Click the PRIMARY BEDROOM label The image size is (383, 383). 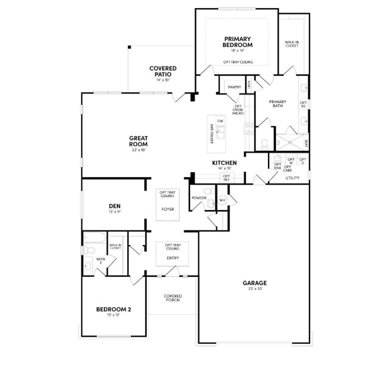237,42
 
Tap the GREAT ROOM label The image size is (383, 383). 138,141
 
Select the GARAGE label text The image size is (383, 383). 255,283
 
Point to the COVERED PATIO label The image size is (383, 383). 163,71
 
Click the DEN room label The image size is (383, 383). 115,206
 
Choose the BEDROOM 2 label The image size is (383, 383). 114,309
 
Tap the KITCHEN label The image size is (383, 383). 224,163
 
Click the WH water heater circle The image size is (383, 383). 222,200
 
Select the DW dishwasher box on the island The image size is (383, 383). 220,121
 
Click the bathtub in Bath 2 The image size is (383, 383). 95,237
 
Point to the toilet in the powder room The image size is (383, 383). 209,191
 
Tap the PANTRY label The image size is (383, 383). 234,87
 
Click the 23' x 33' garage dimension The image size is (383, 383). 255,289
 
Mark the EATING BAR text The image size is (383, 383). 212,134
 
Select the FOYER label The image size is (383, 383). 168,209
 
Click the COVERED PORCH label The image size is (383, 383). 173,298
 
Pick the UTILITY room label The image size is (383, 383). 292,178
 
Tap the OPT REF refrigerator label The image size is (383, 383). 226,178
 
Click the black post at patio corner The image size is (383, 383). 129,47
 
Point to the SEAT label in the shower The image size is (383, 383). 306,143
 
